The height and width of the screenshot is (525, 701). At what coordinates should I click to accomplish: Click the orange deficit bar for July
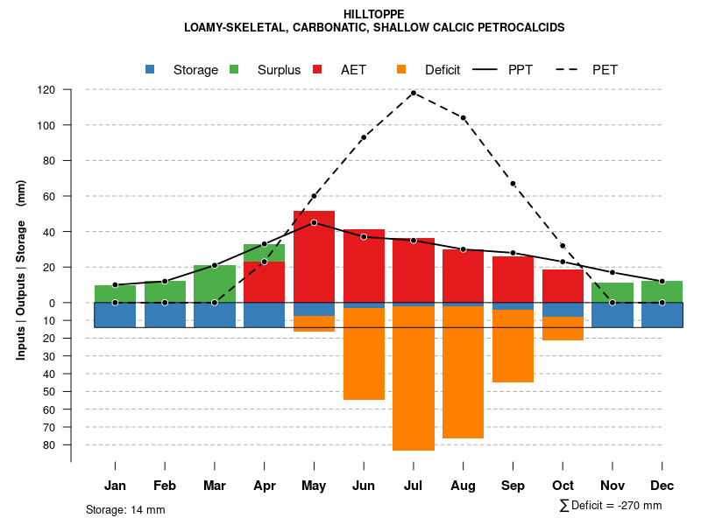click(x=414, y=378)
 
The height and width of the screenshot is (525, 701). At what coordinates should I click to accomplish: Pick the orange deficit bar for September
click(x=513, y=346)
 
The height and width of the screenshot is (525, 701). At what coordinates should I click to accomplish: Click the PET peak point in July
click(x=414, y=93)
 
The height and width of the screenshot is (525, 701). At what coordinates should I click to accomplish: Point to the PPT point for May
click(x=314, y=222)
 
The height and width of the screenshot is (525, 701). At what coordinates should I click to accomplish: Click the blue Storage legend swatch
click(x=150, y=69)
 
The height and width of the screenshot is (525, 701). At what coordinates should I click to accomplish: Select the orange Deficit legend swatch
click(x=401, y=69)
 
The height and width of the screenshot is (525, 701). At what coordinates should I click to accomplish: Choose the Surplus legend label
click(x=279, y=70)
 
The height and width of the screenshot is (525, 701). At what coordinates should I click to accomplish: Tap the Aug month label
click(x=464, y=486)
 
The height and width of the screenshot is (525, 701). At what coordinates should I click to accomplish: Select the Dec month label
click(x=662, y=486)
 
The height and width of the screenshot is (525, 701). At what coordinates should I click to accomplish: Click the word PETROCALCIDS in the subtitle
click(x=518, y=27)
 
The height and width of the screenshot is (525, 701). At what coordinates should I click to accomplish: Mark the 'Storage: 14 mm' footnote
click(x=125, y=509)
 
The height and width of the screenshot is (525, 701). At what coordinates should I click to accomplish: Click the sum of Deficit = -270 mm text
click(x=610, y=506)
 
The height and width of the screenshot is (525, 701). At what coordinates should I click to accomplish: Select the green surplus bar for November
click(x=612, y=292)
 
